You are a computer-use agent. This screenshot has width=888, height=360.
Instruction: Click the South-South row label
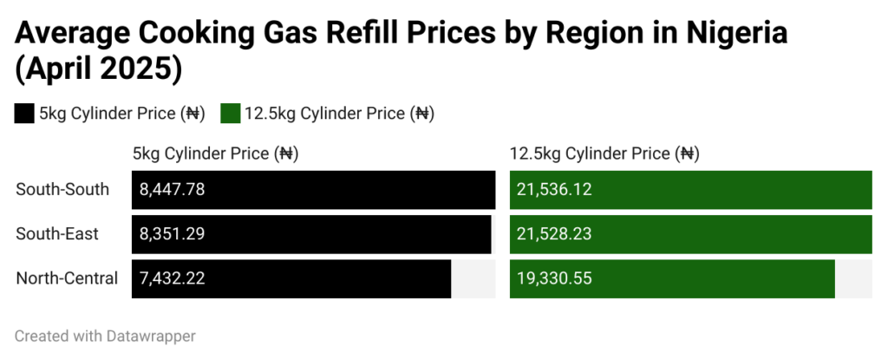tap(62, 189)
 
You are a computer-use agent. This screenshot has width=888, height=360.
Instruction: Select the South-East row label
tap(57, 234)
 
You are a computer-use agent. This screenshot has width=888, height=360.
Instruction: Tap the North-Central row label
tap(67, 278)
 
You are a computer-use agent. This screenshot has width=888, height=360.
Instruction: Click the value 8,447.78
tap(172, 189)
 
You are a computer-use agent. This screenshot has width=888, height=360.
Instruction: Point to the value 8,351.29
tap(172, 234)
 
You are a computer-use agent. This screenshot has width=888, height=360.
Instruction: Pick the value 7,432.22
tap(172, 278)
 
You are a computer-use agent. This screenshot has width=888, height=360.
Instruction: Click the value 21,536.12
tap(554, 189)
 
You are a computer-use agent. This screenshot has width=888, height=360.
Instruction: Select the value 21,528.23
tap(554, 234)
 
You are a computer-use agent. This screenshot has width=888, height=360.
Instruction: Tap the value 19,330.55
tap(554, 278)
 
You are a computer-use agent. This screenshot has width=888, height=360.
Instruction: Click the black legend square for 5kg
tap(24, 114)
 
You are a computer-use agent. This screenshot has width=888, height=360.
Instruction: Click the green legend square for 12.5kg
tap(230, 114)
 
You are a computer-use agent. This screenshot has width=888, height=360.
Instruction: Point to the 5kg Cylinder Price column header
tap(215, 154)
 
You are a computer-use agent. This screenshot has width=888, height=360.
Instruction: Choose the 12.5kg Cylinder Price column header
tap(604, 154)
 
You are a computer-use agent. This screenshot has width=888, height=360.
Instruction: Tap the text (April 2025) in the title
tap(98, 70)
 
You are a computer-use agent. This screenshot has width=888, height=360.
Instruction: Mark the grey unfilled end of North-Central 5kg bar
tap(473, 278)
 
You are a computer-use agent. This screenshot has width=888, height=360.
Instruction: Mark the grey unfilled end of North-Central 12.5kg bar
tap(853, 278)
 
